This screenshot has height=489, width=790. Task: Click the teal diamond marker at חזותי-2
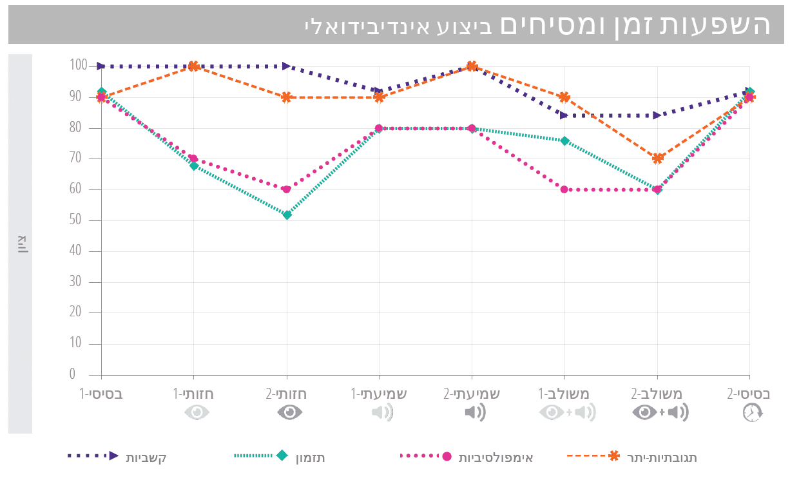(287, 215)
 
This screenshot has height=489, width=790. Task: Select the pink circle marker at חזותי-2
(287, 189)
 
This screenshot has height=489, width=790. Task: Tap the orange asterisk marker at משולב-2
(657, 158)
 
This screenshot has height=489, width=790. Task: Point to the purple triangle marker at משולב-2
(657, 115)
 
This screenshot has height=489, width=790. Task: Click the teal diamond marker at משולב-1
(564, 140)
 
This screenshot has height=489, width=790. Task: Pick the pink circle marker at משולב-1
(564, 189)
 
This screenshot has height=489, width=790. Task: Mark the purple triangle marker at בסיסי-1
(101, 66)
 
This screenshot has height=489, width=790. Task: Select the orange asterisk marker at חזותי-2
(287, 97)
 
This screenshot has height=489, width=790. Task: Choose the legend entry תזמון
(310, 457)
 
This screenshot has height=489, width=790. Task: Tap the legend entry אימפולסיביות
(496, 457)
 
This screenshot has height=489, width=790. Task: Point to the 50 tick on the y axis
(77, 220)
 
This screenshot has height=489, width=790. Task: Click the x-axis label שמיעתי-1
(379, 392)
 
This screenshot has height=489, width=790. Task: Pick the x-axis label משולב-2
(657, 392)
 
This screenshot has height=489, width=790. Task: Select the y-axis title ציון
(21, 245)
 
